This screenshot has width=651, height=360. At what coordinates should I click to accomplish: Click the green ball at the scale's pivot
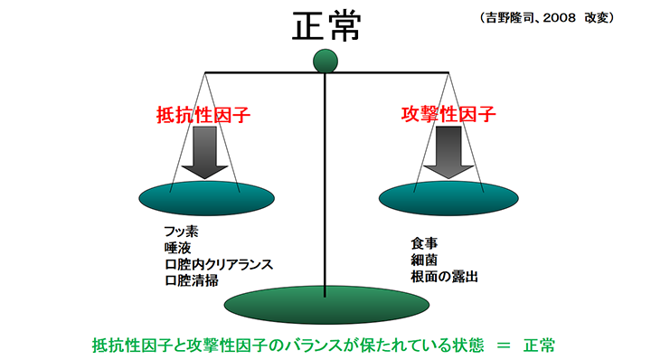pyautogui.click(x=325, y=62)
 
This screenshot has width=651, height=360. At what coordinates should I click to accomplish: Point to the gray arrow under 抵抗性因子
pyautogui.click(x=206, y=152)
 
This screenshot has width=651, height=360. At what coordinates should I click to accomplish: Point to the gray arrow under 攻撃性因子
pyautogui.click(x=449, y=152)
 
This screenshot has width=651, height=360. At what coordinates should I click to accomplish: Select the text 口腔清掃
pyautogui.click(x=184, y=280)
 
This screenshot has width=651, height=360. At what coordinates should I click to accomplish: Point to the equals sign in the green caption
pyautogui.click(x=504, y=345)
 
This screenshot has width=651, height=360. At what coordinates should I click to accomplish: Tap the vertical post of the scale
pyautogui.click(x=325, y=181)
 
